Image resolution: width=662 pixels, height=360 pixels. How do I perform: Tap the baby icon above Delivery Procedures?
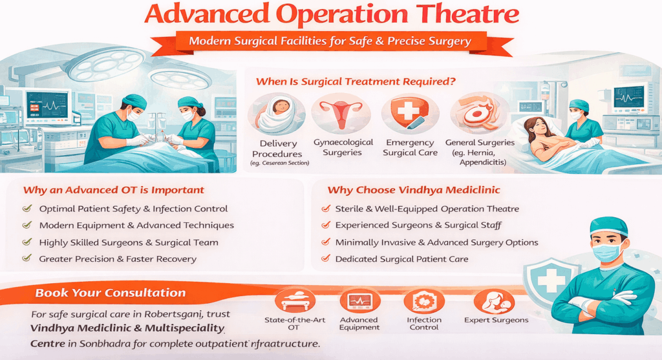[277, 114]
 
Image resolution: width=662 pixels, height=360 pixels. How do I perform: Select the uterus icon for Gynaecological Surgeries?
[341, 112]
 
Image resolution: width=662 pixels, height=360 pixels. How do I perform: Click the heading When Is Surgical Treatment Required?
[356, 81]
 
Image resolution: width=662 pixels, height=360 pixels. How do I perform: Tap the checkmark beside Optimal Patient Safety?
[27, 209]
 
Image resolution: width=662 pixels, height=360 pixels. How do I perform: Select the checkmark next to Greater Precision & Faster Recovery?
[27, 258]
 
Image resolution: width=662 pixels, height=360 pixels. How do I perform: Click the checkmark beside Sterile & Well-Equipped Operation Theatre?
[326, 209]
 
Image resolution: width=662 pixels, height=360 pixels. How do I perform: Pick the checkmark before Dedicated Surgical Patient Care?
[326, 258]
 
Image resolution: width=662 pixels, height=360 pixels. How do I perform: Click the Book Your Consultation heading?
[110, 293]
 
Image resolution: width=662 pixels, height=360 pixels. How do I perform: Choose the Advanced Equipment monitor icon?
[359, 301]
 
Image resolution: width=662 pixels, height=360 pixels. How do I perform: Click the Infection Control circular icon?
[424, 301]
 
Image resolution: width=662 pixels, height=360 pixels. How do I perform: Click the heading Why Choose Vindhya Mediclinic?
[414, 190]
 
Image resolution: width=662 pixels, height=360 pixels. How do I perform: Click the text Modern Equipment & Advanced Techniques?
[136, 226]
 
